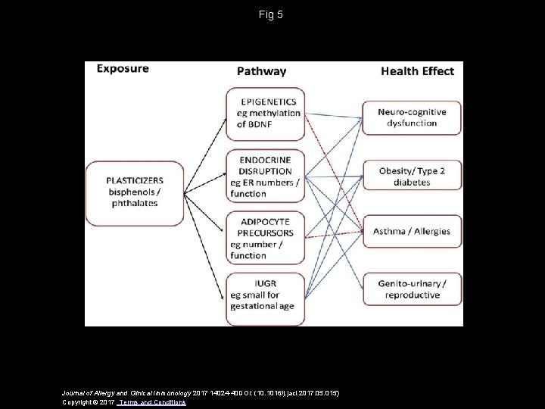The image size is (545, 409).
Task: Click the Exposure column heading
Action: pos(123,69)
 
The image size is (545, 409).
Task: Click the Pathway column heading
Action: pos(262,71)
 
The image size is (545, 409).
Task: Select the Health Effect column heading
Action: pos(417,71)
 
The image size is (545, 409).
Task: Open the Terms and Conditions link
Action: pos(157,402)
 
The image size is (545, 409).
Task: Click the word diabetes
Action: pos(411,183)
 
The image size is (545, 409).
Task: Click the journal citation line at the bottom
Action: pos(201,392)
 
